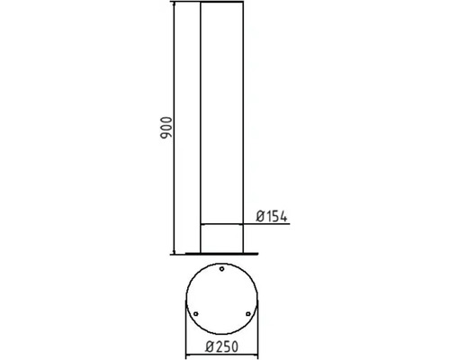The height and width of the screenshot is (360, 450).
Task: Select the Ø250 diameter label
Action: pyautogui.click(x=220, y=346)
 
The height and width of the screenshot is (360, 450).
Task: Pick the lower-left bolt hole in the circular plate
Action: pyautogui.click(x=195, y=313)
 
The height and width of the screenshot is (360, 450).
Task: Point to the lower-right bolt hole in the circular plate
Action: pyautogui.click(x=248, y=313)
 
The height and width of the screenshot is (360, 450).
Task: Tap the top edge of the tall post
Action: pyautogui.click(x=221, y=4)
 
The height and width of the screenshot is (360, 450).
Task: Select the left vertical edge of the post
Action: pyautogui.click(x=199, y=126)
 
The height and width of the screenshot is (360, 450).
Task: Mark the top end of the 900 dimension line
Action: pyautogui.click(x=175, y=4)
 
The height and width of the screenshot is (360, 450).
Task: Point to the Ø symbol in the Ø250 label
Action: pyautogui.click(x=208, y=346)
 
